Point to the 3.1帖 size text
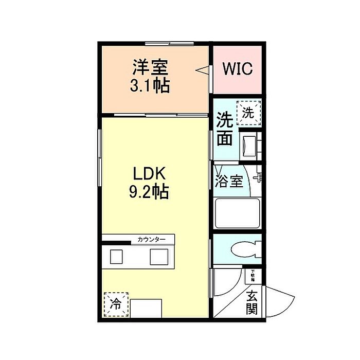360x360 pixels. (x=150, y=85)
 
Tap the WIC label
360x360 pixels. (x=237, y=69)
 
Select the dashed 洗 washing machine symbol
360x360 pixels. (x=248, y=113)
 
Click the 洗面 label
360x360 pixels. (x=224, y=129)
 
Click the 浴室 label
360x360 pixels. (x=229, y=182)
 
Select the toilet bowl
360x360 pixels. (x=246, y=250)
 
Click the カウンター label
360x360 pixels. (x=151, y=240)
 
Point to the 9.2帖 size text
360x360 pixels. (x=149, y=192)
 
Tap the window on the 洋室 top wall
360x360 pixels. (x=169, y=43)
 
